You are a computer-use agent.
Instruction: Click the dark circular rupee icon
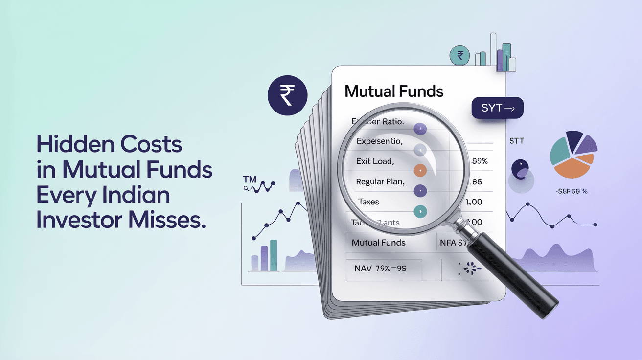click(287, 95)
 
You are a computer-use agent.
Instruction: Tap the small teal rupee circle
click(459, 56)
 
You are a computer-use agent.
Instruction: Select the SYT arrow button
click(497, 108)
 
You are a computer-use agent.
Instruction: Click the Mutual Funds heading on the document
click(394, 91)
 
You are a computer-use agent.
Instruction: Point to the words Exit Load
click(376, 161)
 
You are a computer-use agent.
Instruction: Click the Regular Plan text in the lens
click(380, 181)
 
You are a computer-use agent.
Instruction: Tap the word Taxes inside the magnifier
click(368, 202)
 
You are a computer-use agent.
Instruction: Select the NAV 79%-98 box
click(384, 269)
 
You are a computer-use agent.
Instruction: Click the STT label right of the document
click(516, 141)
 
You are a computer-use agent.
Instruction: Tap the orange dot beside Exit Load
click(420, 170)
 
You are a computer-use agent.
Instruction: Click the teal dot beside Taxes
click(420, 211)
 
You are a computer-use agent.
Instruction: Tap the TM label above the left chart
click(250, 180)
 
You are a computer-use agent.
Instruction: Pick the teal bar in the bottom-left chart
click(274, 255)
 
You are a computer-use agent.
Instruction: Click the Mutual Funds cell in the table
click(378, 243)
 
